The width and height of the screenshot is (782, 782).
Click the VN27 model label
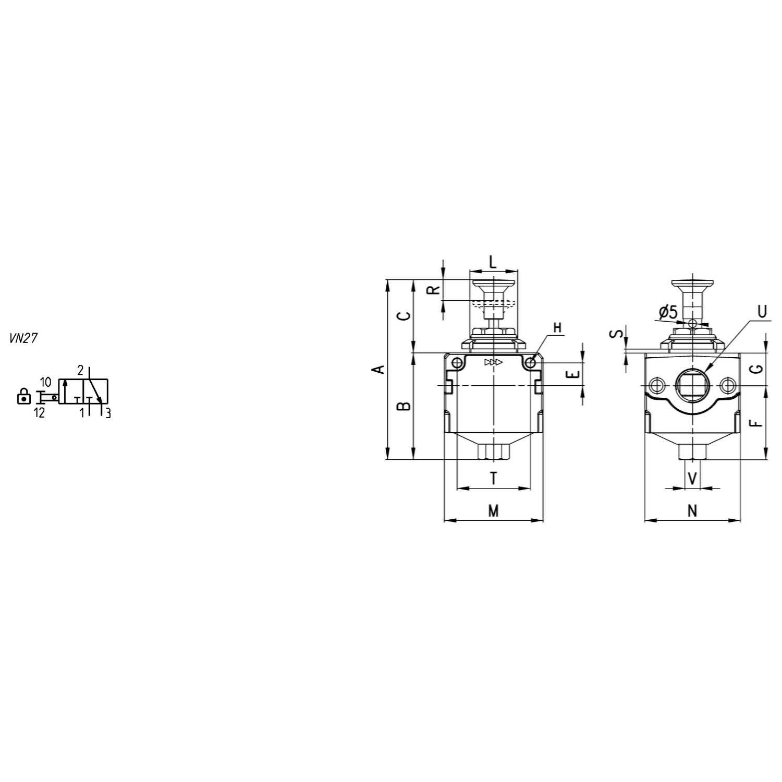click(x=23, y=338)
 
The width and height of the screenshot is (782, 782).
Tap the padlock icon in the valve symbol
click(x=23, y=396)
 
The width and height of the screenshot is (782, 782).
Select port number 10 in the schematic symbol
click(x=45, y=382)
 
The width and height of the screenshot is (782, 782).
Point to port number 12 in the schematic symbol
click(x=39, y=413)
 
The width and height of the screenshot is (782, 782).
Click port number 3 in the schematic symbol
click(x=108, y=413)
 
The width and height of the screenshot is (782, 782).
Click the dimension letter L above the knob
click(x=493, y=262)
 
